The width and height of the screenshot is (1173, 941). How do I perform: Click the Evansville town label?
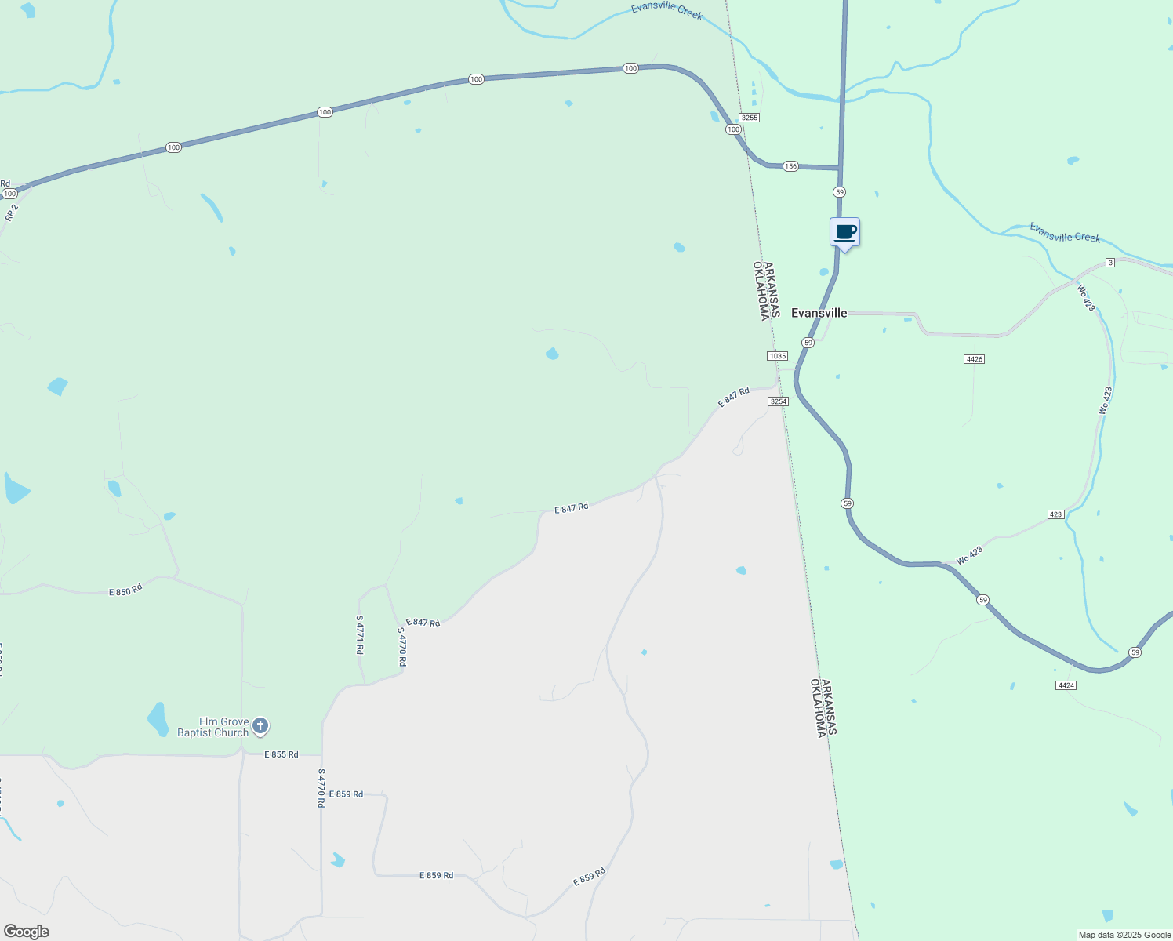coord(819,313)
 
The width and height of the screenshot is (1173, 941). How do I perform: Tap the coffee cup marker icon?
coord(844,233)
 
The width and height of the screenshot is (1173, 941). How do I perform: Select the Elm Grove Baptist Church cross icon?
coord(261,727)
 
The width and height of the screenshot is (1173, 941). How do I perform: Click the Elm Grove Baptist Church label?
coord(212,728)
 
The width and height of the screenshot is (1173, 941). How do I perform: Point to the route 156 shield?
coord(790,166)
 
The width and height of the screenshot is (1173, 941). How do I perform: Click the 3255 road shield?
coord(750,118)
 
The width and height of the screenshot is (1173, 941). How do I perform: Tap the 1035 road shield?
coord(777,356)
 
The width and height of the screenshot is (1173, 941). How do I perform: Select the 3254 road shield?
coord(778,401)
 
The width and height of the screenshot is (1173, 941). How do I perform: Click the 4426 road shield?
coord(974,359)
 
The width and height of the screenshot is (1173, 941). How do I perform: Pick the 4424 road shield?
coord(1066,685)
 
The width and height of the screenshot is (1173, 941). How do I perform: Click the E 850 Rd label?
coord(125,589)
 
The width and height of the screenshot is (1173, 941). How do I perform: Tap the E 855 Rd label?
coord(281,754)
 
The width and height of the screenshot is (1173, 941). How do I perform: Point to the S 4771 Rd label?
coord(360,634)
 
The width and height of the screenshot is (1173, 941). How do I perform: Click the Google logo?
coord(27,932)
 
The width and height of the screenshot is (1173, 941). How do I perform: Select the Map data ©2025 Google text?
coord(1124,935)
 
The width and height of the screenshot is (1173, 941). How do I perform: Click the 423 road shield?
coord(1055,514)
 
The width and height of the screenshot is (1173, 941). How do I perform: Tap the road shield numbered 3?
coord(1109,263)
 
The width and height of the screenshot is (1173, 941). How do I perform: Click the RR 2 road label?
coord(11,212)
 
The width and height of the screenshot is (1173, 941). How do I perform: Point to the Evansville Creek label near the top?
coord(666,11)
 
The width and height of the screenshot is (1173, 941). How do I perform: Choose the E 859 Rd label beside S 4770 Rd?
coord(346,794)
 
